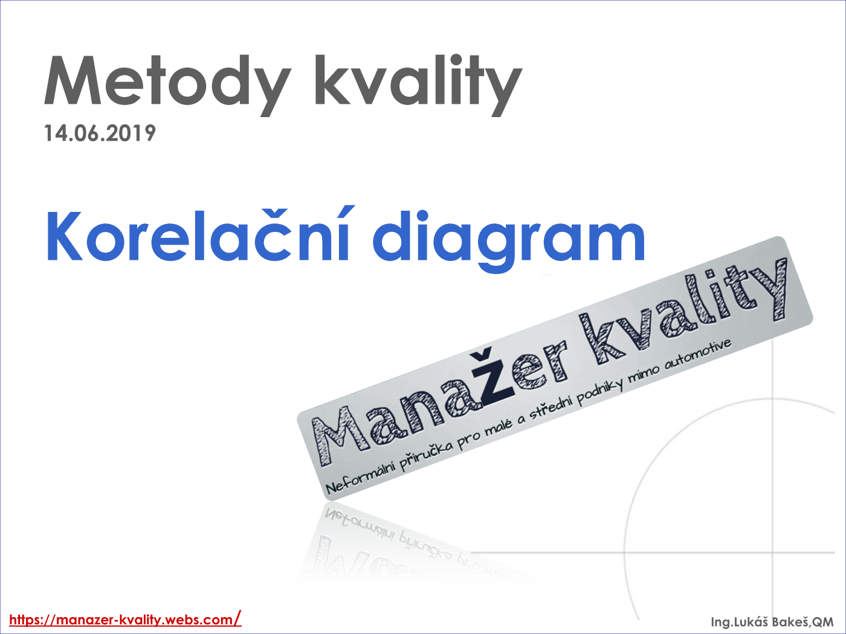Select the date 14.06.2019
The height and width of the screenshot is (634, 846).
pos(100,133)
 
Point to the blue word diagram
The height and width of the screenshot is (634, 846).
pos(509,240)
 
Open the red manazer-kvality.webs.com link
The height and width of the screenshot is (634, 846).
pos(125,620)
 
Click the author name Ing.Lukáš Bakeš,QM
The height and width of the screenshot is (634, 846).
pos(772,621)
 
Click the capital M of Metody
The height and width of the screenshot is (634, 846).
pos(73,80)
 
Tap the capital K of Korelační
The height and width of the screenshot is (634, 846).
pos(64,235)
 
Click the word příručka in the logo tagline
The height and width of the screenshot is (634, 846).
pos(426,451)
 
